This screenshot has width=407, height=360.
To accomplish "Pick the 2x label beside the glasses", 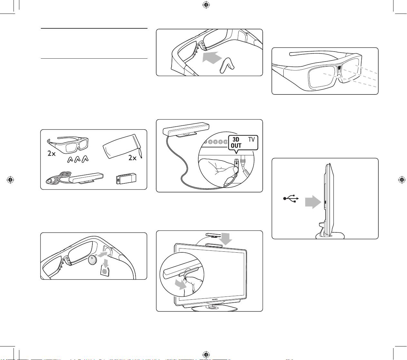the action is pyautogui.click(x=51, y=153).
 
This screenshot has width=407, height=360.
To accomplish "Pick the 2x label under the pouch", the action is pyautogui.click(x=132, y=158).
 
